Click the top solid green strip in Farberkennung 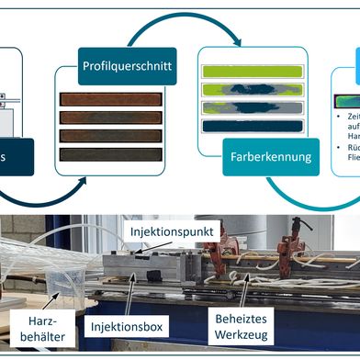pos(250,71)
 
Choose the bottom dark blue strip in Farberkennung pos(250,125)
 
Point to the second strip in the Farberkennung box pos(250,89)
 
